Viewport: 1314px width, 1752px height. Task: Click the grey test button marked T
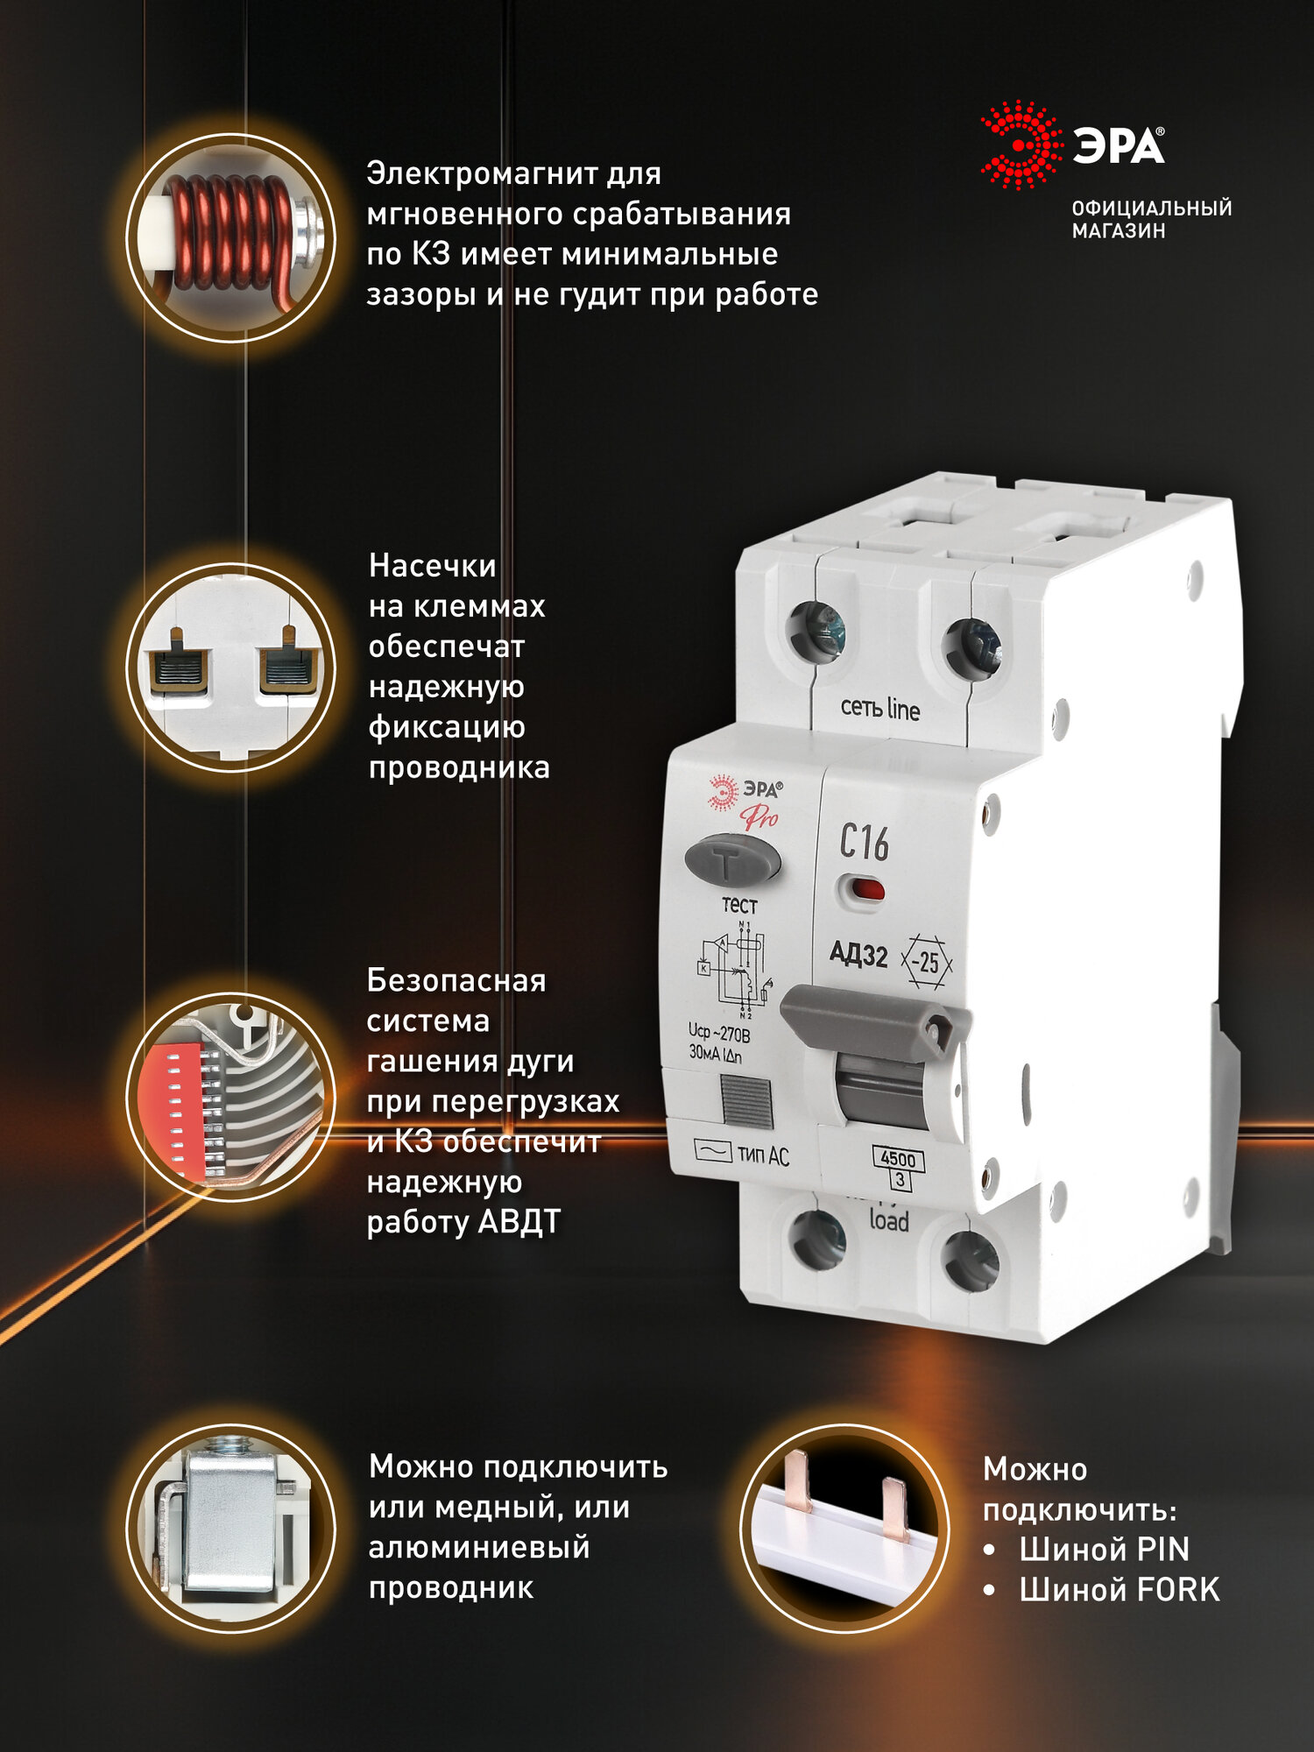[731, 859]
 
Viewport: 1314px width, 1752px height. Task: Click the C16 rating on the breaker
[864, 843]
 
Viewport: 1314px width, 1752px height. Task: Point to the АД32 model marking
[858, 954]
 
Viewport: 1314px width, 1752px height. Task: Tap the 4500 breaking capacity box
[898, 1159]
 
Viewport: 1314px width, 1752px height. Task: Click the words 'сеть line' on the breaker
[880, 708]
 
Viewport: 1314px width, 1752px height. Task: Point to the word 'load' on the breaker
[888, 1220]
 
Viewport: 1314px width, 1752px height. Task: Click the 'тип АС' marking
[762, 1155]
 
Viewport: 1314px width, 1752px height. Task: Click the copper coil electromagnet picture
[230, 237]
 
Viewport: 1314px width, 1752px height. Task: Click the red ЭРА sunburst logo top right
[1021, 145]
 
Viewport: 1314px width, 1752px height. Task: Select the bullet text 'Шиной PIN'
[1104, 1550]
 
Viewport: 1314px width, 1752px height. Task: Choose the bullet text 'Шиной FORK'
[1119, 1590]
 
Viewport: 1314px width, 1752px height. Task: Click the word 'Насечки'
[433, 566]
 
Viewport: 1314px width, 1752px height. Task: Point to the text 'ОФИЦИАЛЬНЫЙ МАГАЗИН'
[1151, 219]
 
